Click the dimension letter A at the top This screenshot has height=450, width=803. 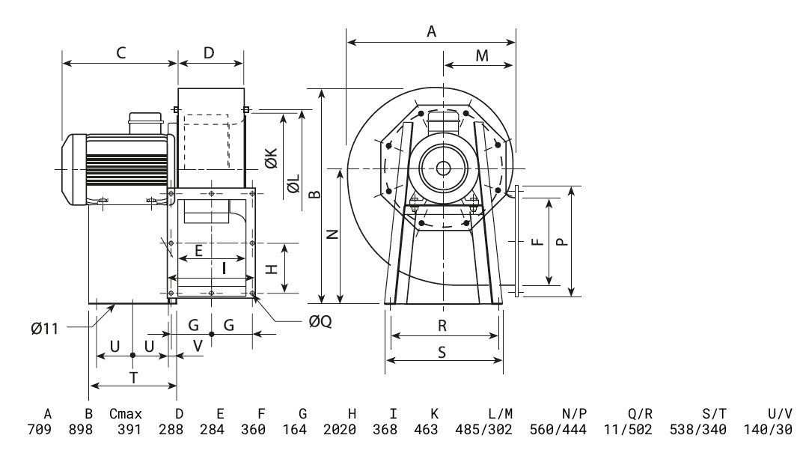[x=432, y=31]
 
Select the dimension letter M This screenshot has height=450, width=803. [x=482, y=55]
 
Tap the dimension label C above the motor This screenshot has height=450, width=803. [x=121, y=53]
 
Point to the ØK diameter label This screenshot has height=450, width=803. [x=272, y=158]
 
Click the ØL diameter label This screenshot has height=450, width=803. [x=293, y=184]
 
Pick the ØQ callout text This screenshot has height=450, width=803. [x=320, y=321]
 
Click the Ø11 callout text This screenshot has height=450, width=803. [x=45, y=329]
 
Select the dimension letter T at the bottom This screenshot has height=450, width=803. [x=133, y=378]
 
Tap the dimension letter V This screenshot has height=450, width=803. [x=198, y=346]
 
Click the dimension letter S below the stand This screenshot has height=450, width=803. [x=442, y=352]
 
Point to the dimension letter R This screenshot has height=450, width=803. [x=442, y=326]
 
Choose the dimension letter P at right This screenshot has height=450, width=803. [x=562, y=241]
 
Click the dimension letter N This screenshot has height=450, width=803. [x=333, y=234]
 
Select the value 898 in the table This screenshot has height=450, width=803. [x=81, y=430]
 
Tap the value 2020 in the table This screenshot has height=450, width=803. [x=340, y=430]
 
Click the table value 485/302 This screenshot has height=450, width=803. [x=483, y=430]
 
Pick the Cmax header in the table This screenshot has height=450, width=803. [x=126, y=413]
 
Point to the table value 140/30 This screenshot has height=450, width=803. [x=768, y=430]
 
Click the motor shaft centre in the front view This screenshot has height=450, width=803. [x=444, y=168]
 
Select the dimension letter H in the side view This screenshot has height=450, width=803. [x=272, y=269]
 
